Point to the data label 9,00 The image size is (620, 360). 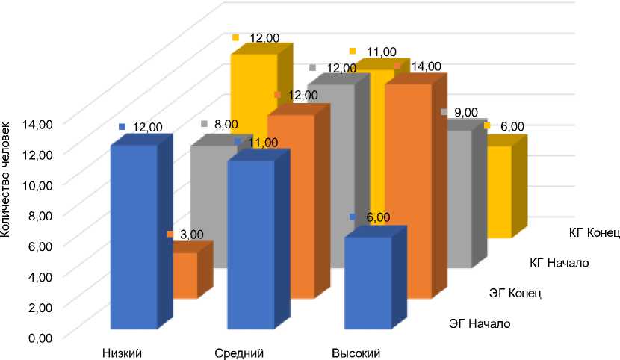pos(465,112)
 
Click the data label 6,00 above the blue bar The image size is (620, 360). pos(378,217)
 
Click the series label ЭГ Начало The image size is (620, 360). pos(479,323)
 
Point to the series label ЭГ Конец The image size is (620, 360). pos(515,293)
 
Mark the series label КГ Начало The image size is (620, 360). pos(559,262)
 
